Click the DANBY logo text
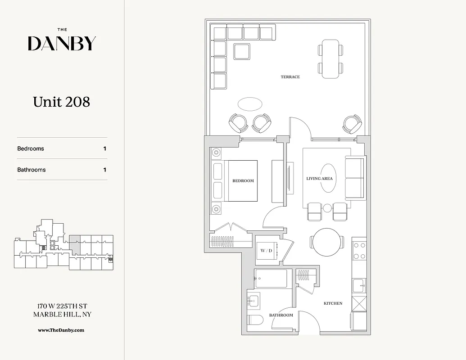point(62,43)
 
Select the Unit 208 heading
point(62,102)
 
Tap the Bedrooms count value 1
point(105,148)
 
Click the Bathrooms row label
point(32,170)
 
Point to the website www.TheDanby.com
point(61,330)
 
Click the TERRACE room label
point(290,77)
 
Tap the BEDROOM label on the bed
point(243,181)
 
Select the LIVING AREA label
point(320,179)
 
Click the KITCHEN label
point(333,303)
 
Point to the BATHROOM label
point(281,315)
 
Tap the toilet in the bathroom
point(256,322)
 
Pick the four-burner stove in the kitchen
point(359,251)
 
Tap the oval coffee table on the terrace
point(250,104)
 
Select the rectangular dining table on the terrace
point(330,58)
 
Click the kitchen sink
point(359,285)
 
